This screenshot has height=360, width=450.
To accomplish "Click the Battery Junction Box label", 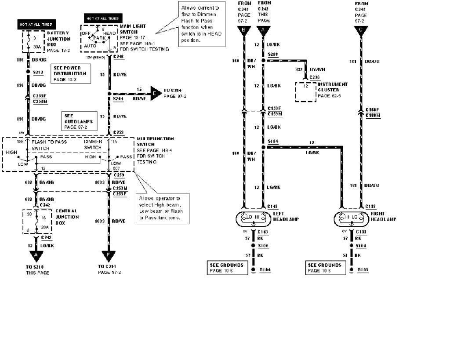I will tap(58, 39).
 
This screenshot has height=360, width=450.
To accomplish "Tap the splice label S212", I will tap(37, 73).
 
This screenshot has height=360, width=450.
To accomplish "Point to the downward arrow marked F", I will tap(109, 256).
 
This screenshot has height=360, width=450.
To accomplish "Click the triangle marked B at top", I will tap(243, 30).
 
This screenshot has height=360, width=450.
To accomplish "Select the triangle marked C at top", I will tap(361, 30).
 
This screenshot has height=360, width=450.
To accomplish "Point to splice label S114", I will tap(273, 141).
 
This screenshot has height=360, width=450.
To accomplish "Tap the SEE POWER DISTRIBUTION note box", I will tap(70, 73).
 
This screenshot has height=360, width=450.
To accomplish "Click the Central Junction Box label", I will tap(67, 217).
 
